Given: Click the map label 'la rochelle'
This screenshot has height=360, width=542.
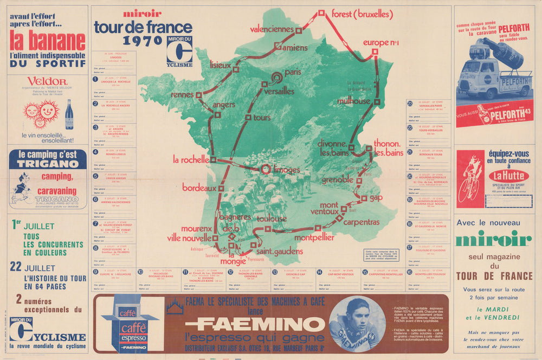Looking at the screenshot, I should [191, 160].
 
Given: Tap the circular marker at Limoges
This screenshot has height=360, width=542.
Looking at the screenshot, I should [266, 170].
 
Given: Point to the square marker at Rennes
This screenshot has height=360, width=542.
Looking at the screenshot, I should [199, 95].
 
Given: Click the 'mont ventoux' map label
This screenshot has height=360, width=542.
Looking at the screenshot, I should [324, 208].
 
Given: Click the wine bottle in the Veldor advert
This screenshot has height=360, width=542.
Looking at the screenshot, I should [69, 114].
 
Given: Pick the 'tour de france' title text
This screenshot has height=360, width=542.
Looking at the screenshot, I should [143, 27].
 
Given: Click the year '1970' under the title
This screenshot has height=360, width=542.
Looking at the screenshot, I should [143, 41].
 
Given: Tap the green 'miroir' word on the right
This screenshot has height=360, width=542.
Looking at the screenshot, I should [493, 238].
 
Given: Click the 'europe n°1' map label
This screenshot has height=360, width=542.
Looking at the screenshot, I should [381, 42].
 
